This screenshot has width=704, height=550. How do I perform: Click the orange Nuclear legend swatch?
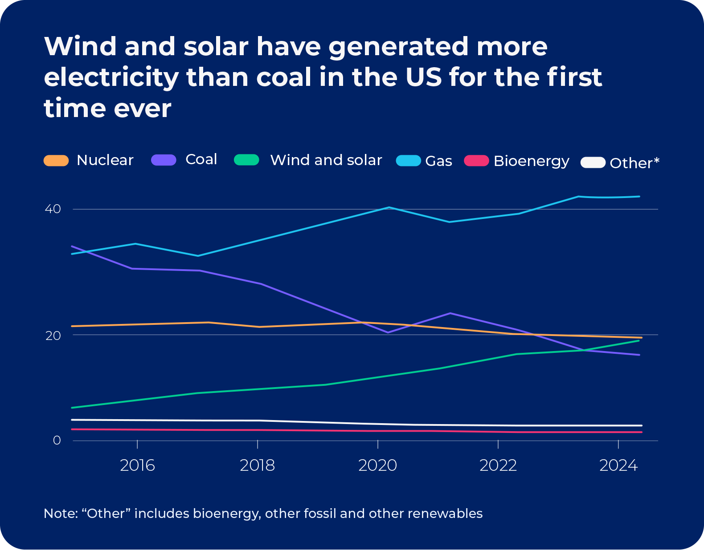pos(56,161)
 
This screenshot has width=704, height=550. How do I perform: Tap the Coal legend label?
pos(201,159)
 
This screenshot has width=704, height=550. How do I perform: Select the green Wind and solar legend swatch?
pos(246,160)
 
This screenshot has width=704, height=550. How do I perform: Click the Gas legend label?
pos(438,161)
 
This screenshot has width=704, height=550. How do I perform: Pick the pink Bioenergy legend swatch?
pos(476,161)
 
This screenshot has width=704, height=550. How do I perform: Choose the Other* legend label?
pos(634,163)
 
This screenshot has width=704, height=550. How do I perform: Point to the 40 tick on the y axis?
pos(53,209)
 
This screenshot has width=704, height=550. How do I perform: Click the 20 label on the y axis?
pos(53,335)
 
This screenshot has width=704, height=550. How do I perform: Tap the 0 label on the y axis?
pos(57,440)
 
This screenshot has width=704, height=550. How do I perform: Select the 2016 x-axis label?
pos(137,465)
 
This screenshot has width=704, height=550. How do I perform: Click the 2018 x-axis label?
pos(257,465)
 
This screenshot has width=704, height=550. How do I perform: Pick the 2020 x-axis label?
pos(377,465)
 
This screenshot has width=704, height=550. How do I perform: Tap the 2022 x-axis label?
pos(498,465)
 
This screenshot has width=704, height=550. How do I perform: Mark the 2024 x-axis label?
pos(618,465)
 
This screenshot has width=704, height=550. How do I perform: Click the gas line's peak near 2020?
pos(389,207)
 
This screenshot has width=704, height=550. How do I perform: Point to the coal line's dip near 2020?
pos(388,332)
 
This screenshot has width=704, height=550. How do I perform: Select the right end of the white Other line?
pos(641,425)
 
